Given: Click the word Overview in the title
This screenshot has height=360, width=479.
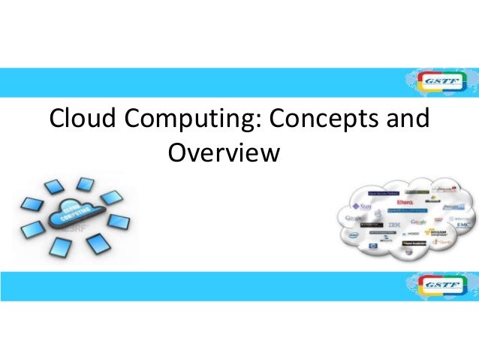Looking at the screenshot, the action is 224,154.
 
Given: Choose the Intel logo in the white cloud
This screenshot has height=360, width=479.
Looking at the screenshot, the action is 354,234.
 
